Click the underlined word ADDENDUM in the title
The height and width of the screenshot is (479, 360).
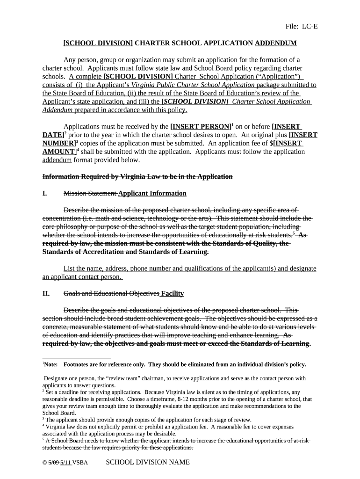coord(275,43)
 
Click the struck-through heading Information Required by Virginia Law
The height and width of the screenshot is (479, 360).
coord(137,176)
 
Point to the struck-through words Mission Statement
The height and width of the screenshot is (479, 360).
coord(90,194)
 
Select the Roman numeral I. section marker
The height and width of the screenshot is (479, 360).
coord(46,194)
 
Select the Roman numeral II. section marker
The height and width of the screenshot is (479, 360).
coord(47,294)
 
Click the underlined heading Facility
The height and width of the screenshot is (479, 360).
coord(172,294)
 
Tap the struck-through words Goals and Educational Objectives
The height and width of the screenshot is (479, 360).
coord(111,294)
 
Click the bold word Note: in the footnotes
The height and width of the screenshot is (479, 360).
coord(52,364)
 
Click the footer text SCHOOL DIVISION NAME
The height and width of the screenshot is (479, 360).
coord(148,462)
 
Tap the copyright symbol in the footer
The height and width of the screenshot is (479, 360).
coord(44,463)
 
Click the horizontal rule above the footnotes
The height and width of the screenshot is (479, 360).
coord(77,359)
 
